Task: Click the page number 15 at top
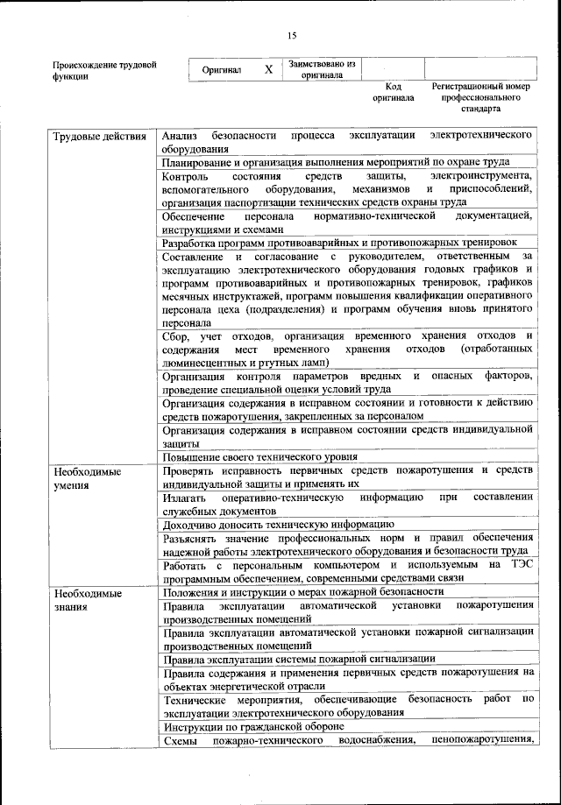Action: (x=292, y=35)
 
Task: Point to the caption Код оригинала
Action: (x=393, y=93)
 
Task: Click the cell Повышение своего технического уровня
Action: (x=260, y=457)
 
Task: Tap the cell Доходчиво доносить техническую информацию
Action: (x=272, y=525)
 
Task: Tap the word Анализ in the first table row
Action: (x=181, y=137)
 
